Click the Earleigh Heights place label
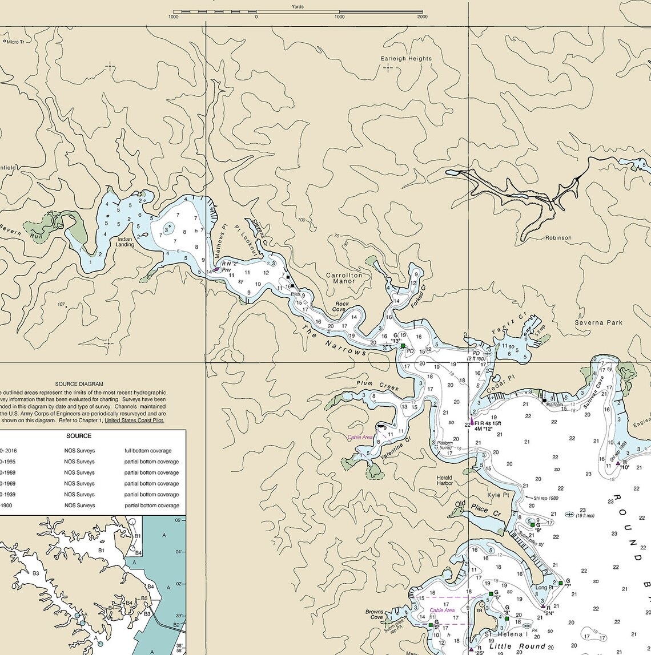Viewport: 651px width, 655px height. point(406,59)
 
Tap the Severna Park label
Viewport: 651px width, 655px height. point(598,322)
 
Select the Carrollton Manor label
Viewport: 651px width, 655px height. point(344,278)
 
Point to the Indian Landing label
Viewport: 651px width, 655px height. point(125,242)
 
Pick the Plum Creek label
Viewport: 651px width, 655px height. point(377,386)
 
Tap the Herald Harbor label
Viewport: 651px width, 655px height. point(444,480)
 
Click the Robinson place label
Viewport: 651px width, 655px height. point(558,238)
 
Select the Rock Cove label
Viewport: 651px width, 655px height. point(342,307)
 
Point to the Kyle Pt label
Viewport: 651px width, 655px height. point(497,495)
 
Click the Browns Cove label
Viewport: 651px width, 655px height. point(375,614)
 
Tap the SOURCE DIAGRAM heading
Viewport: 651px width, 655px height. point(79,385)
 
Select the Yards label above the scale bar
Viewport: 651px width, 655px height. point(297,7)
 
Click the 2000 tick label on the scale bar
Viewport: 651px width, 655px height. point(422,17)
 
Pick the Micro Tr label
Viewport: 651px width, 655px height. point(15,42)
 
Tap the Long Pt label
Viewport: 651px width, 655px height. point(544,587)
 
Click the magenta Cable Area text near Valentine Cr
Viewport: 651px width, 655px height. point(360,437)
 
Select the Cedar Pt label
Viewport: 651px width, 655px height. point(501,383)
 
